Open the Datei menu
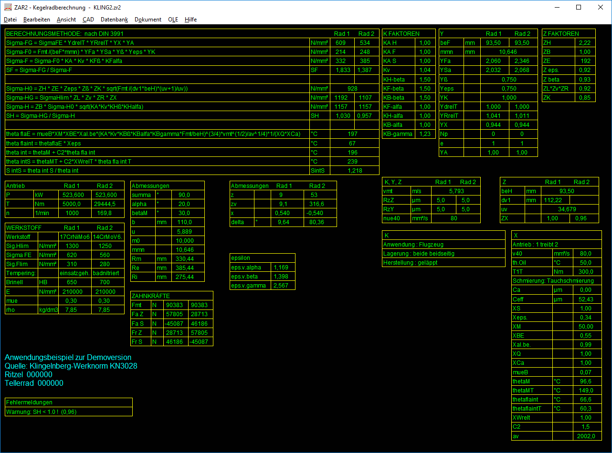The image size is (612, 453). pos(10,20)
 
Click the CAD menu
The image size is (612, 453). pos(88,20)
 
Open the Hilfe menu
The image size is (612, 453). pos(190,20)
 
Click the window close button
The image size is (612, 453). pos(601,8)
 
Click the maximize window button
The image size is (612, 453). pos(579,8)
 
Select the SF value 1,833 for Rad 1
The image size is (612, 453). pos(343,70)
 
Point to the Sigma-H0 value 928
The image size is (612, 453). pos(352,89)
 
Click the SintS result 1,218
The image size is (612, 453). pos(355,171)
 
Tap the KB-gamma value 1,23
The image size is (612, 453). pos(425,134)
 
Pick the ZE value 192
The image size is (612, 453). pos(586,61)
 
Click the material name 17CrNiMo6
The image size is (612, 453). pos(74,237)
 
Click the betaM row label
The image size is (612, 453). pos(139,213)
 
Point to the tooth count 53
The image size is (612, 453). pos(314,195)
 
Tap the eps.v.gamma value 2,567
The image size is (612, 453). pos(281,286)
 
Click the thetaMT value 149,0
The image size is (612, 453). pos(586,391)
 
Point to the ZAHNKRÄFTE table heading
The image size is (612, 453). pos(151,296)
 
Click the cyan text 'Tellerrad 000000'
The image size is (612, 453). pos(34,383)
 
